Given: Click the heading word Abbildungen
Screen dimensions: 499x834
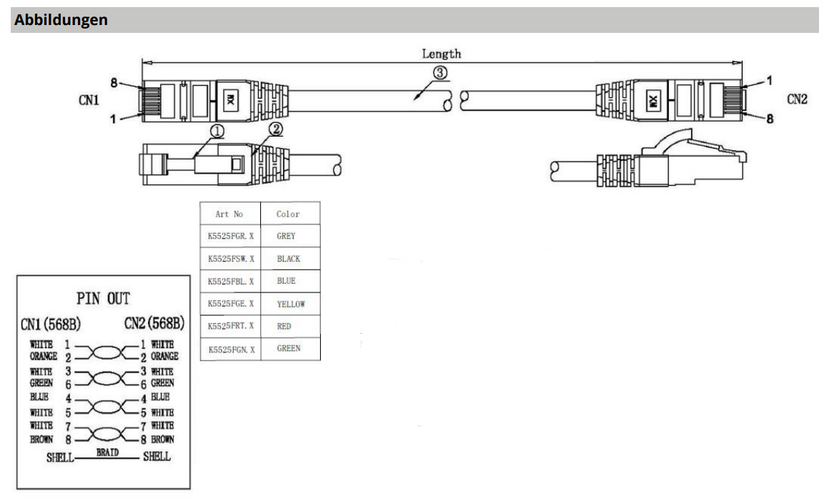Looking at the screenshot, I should [61, 20].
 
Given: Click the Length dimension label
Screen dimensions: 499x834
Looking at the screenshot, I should [441, 54].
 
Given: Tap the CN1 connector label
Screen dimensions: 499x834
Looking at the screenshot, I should [89, 100].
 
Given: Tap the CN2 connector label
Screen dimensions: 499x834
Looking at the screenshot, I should [797, 100].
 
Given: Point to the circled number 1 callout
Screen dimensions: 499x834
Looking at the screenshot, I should [217, 131].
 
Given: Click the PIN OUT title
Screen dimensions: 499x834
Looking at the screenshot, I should [104, 298].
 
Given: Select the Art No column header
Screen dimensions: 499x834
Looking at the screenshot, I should [229, 214].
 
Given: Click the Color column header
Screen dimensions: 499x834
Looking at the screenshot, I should [288, 214].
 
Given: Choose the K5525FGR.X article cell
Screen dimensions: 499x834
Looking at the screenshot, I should [229, 236].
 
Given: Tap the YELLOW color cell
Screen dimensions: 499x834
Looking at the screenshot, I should [291, 304].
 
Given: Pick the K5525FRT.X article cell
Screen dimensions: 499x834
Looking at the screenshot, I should [229, 326].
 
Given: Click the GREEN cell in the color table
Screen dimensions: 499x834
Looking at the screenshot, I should [289, 348].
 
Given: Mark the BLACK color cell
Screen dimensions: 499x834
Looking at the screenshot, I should [289, 259].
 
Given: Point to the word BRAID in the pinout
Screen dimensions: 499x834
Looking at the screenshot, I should [108, 453].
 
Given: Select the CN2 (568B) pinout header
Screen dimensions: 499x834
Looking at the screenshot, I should [154, 324].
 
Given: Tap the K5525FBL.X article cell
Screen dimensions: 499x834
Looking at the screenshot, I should [229, 281].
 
